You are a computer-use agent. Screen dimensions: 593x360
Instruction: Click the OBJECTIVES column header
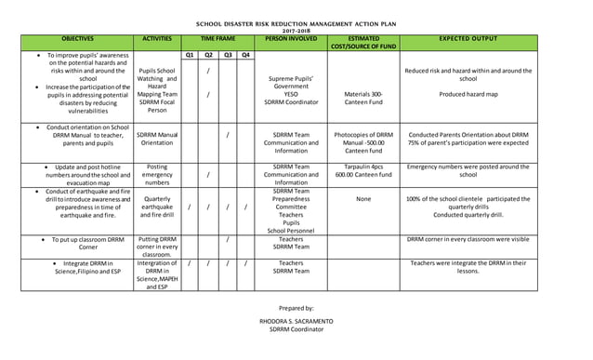(77, 40)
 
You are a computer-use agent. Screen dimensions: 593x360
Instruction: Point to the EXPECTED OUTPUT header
(468, 40)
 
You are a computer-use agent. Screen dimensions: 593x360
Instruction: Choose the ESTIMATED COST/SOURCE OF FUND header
(363, 43)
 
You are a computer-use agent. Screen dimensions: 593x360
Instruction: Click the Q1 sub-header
(189, 55)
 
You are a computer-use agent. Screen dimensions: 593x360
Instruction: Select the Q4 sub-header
(245, 55)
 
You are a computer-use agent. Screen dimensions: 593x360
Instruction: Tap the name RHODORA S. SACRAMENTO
(296, 320)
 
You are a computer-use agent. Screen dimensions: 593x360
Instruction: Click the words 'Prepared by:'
(296, 307)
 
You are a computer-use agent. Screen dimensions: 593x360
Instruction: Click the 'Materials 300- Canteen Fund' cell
(363, 100)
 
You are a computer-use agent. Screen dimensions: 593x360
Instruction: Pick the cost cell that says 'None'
(363, 198)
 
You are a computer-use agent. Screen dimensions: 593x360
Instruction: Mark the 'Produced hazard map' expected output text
(468, 94)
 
